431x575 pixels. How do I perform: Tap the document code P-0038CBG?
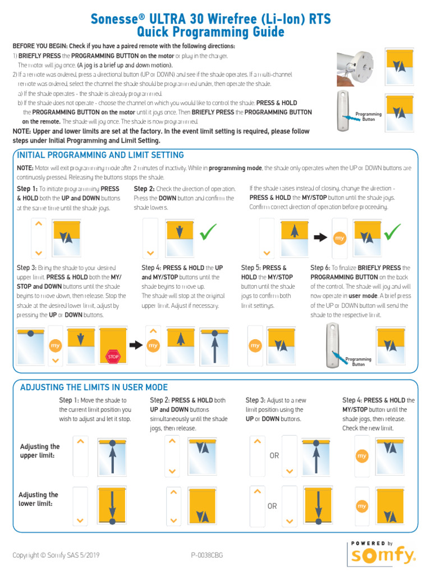coord(207,555)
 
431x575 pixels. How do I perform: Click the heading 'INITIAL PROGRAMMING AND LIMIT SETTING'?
coord(100,155)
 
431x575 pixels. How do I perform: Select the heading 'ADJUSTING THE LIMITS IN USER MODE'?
coord(94,387)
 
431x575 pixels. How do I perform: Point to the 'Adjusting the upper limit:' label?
coord(40,450)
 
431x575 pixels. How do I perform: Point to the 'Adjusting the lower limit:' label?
coord(38,499)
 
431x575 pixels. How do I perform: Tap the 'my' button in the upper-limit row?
coord(362,457)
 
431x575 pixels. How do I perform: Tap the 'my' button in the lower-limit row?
coord(362,506)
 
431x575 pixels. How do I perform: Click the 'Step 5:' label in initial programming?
coord(251,268)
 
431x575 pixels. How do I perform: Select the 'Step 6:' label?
coord(320,268)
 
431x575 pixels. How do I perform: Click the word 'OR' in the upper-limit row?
coord(274,455)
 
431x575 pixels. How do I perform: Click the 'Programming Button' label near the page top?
coord(369,116)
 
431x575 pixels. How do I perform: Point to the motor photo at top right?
coord(356,64)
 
